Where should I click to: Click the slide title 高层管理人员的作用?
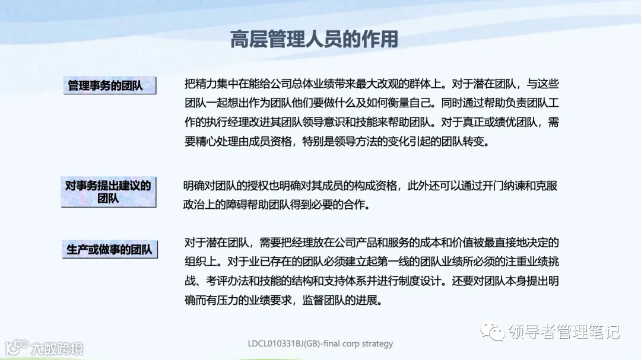click(314, 40)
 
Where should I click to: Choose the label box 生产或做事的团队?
click(109, 250)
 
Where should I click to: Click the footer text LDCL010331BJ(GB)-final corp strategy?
click(320, 343)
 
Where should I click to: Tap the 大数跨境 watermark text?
click(58, 347)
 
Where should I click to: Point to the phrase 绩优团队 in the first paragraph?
click(516, 123)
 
